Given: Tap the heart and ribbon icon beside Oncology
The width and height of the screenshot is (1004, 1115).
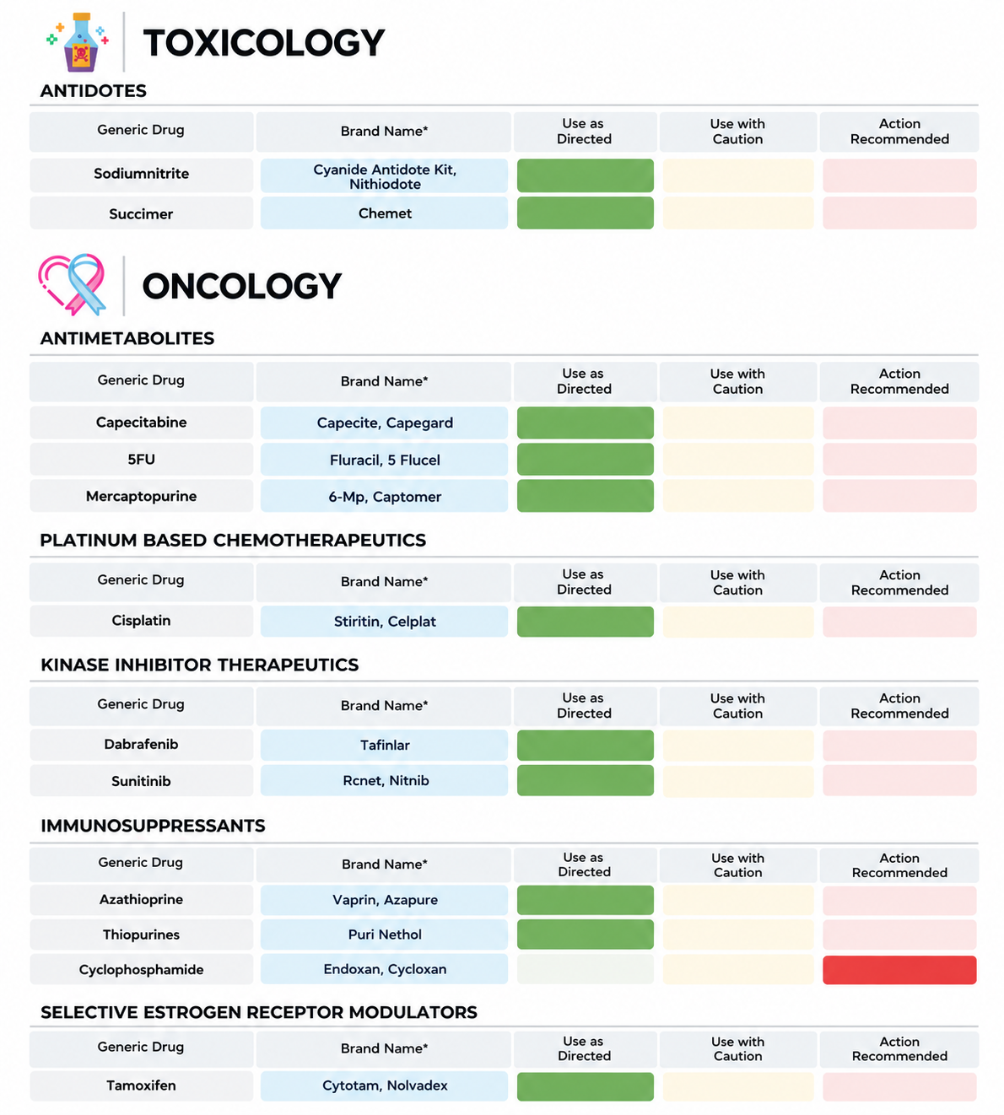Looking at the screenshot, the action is click(x=72, y=284).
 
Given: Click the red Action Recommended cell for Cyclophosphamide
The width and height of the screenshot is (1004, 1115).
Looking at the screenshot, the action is click(x=899, y=970).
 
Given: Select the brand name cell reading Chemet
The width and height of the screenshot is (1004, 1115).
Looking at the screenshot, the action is click(x=384, y=213).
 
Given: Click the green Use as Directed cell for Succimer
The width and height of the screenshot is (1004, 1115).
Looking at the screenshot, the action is click(x=586, y=213).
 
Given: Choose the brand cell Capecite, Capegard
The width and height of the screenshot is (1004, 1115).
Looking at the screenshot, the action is click(x=384, y=423).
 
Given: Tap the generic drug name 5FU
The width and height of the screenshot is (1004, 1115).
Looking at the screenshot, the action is click(x=141, y=459).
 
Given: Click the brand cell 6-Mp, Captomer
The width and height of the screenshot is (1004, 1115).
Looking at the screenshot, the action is click(x=384, y=496).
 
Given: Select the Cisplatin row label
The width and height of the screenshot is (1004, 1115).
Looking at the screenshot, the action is click(x=141, y=621).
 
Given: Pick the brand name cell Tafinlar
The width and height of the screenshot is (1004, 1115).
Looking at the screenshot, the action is click(x=384, y=745).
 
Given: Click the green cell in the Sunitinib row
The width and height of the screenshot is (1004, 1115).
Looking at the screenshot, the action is click(x=586, y=780).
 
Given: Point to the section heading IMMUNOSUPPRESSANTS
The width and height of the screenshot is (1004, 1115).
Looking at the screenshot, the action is click(x=153, y=826).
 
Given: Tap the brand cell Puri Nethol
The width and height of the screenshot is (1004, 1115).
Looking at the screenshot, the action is click(x=384, y=935).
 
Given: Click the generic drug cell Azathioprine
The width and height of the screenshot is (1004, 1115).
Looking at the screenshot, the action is click(x=141, y=899).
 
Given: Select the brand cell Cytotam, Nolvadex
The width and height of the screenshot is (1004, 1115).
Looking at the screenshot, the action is click(x=384, y=1085).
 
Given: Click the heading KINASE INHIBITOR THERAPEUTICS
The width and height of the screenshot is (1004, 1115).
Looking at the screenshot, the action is click(x=200, y=665).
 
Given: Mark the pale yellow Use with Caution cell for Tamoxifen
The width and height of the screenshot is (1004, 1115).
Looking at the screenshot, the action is click(x=738, y=1086).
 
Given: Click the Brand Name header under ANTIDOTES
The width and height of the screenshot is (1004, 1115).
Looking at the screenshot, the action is click(x=384, y=132).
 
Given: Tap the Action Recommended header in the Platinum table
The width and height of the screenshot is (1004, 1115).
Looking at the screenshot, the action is click(x=899, y=583).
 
